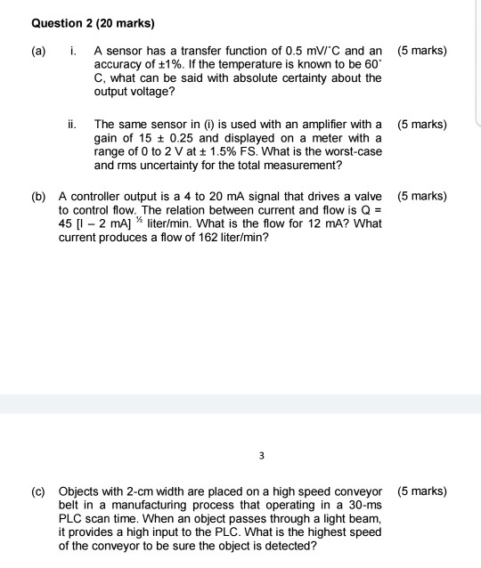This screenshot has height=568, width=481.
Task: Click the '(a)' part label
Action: (x=41, y=52)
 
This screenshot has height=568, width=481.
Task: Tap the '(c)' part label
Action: (x=41, y=491)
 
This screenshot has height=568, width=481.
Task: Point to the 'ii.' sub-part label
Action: (x=76, y=125)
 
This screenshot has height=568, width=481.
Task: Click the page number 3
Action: (x=262, y=456)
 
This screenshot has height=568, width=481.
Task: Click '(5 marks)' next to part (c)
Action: (x=422, y=491)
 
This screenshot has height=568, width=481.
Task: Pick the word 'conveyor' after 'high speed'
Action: (x=354, y=491)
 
